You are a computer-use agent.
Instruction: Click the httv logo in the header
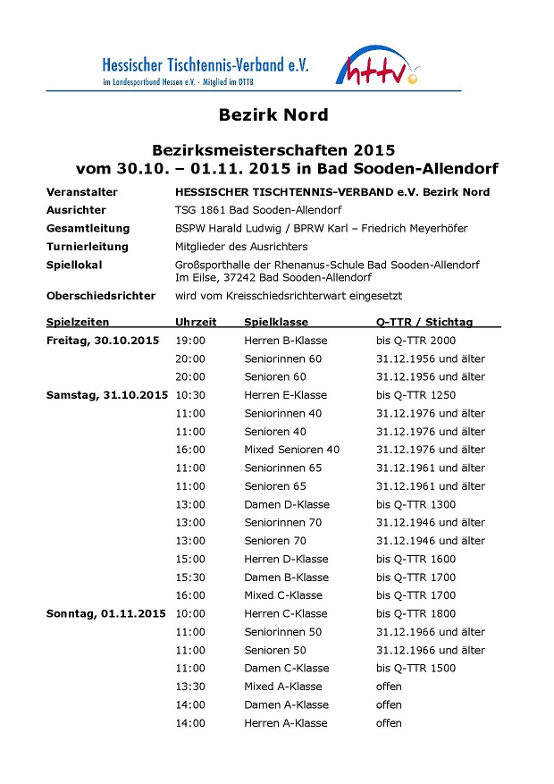(378, 68)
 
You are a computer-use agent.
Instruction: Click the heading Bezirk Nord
(273, 115)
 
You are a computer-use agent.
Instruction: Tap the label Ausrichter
(76, 210)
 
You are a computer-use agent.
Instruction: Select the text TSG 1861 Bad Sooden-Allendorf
(253, 210)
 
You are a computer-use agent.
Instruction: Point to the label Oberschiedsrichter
(101, 296)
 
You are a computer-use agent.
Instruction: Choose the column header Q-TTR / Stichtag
(424, 322)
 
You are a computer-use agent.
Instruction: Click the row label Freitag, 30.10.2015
(103, 341)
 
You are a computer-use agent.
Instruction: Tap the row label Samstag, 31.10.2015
(107, 395)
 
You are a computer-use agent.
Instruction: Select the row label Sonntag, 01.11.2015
(105, 614)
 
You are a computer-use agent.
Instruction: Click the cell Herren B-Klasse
(286, 341)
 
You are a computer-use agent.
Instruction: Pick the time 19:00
(190, 341)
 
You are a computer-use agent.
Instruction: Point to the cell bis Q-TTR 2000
(415, 341)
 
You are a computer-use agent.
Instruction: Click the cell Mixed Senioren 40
(292, 450)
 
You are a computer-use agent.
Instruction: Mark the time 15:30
(190, 577)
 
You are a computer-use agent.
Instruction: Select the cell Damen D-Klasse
(286, 504)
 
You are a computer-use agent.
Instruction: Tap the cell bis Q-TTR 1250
(415, 395)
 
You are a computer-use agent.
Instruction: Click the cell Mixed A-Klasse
(283, 687)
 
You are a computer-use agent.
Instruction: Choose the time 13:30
(190, 687)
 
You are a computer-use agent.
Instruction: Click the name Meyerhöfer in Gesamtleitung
(430, 228)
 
